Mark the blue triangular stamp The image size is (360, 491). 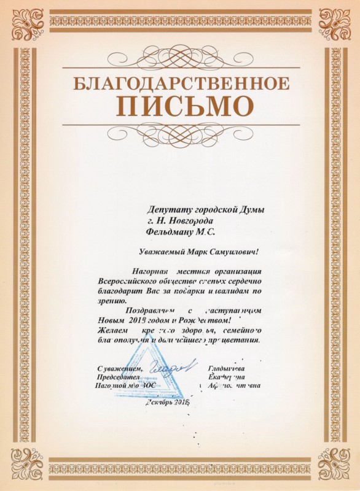tap(150, 376)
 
